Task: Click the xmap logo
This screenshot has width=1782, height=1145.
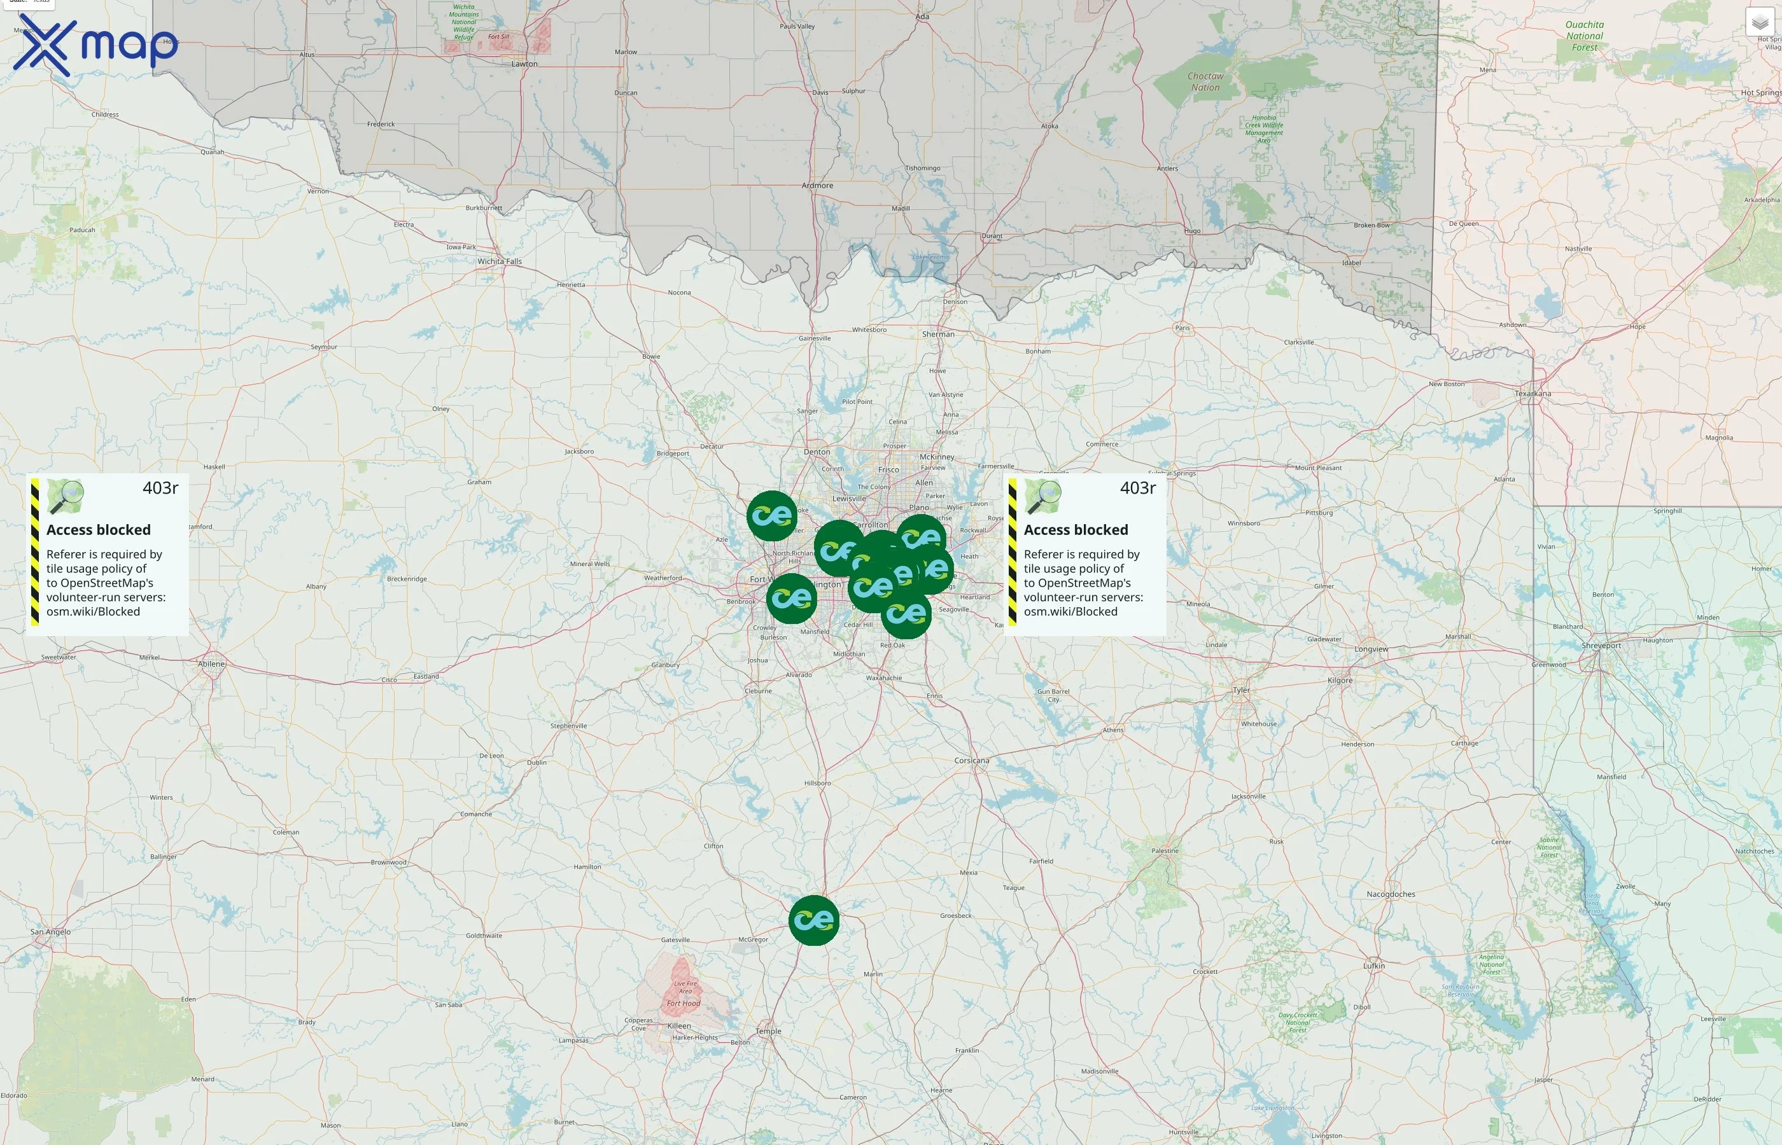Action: click(x=95, y=45)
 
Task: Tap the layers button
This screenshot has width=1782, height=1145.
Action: click(x=1759, y=22)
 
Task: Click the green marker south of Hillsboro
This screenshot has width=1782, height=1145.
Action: click(x=813, y=920)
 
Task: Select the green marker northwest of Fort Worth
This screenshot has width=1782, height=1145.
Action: click(x=771, y=515)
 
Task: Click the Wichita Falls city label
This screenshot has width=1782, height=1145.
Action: click(x=500, y=261)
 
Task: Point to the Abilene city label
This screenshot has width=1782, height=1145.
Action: click(x=211, y=664)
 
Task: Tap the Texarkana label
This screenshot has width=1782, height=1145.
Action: click(x=1533, y=393)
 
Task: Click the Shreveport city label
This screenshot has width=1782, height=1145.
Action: click(x=1601, y=646)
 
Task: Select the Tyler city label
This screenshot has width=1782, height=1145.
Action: click(x=1241, y=690)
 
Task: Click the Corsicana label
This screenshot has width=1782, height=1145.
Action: click(x=971, y=761)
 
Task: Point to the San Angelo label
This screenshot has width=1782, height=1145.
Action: click(x=50, y=932)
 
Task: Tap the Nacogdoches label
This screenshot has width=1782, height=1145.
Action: click(x=1390, y=894)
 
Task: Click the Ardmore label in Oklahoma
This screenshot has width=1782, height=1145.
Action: click(x=817, y=185)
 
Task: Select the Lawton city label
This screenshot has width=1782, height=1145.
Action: click(x=524, y=64)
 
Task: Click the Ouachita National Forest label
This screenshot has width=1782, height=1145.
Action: click(x=1584, y=36)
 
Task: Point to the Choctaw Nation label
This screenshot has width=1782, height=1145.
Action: click(x=1205, y=82)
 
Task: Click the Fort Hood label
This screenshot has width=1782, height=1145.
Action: click(x=683, y=1003)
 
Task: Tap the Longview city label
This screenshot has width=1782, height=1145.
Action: click(x=1371, y=649)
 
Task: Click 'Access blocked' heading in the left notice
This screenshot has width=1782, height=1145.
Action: click(x=98, y=529)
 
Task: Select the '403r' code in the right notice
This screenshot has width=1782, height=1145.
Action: click(x=1137, y=488)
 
